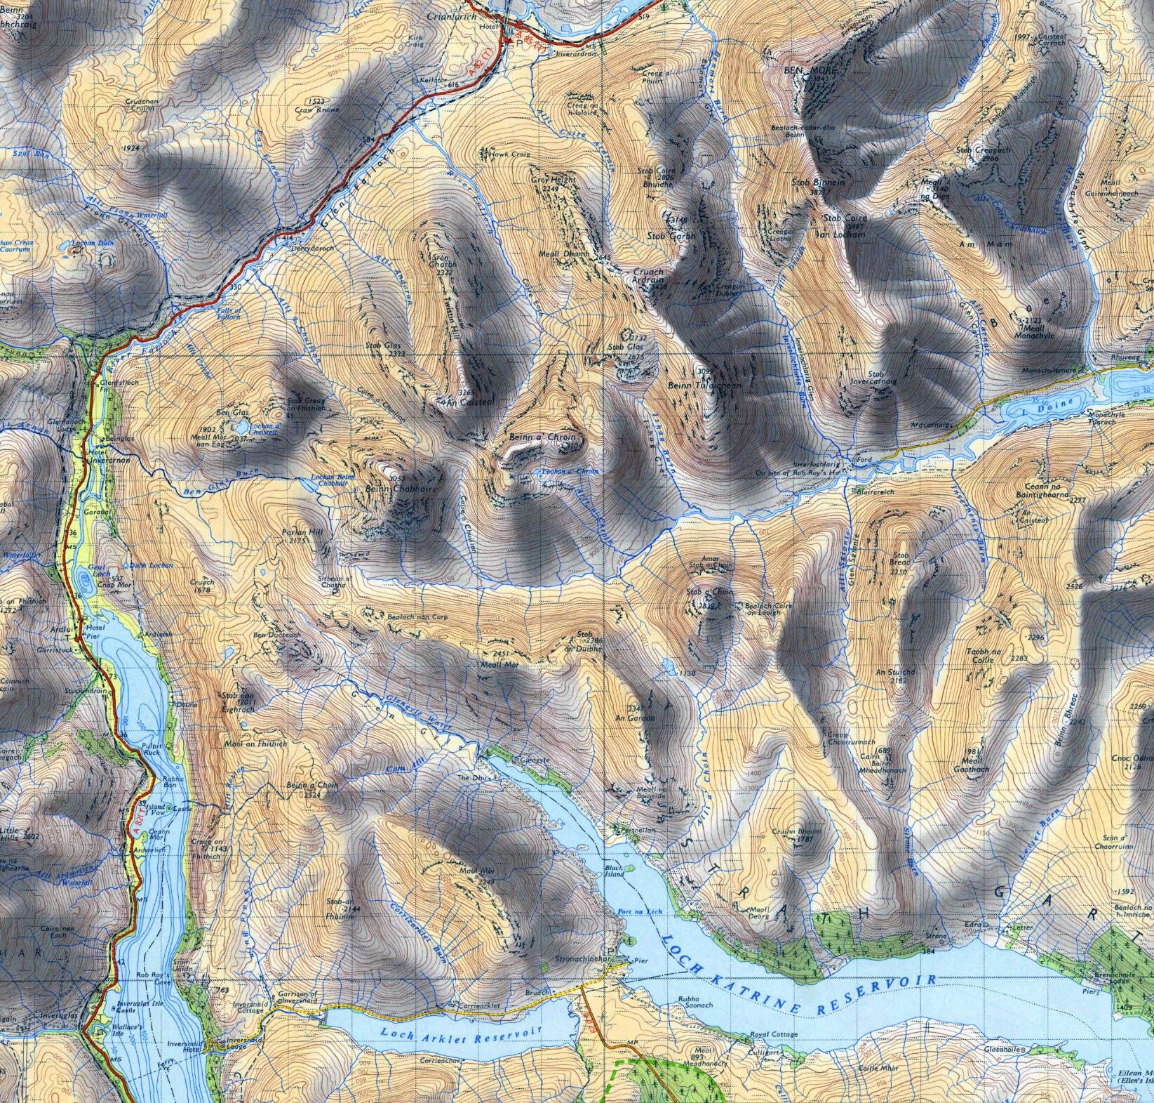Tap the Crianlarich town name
tap(459, 15)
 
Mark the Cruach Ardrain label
tap(648, 275)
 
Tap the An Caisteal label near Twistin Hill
tap(457, 402)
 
